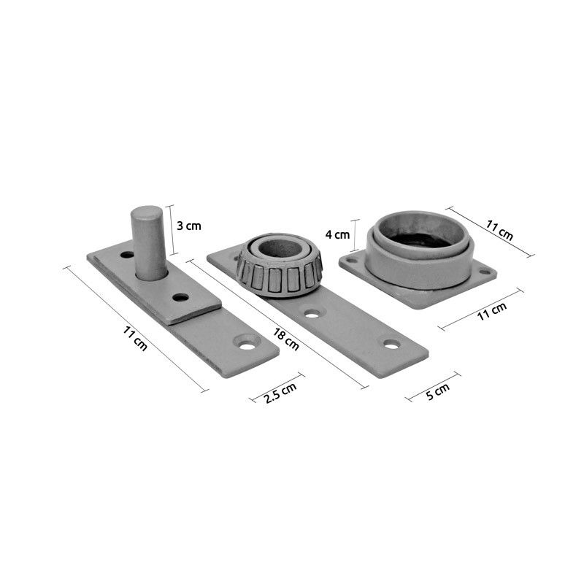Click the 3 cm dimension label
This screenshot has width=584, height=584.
click(188, 226)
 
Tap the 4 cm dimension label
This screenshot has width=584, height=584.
click(337, 234)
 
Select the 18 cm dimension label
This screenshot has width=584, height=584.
click(286, 339)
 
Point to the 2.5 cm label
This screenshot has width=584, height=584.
click(280, 393)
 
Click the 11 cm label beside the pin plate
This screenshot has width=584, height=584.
click(135, 338)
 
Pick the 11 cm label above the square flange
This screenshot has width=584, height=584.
click(499, 230)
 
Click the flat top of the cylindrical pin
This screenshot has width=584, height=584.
click(147, 212)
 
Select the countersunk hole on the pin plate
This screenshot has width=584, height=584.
click(247, 345)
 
